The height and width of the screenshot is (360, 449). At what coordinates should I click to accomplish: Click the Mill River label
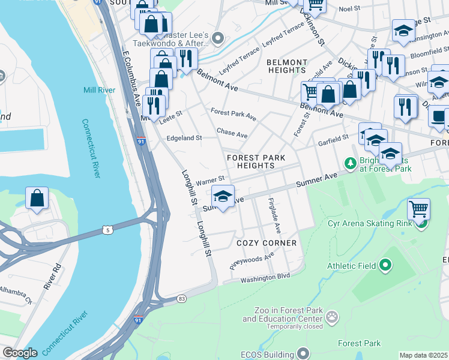pos(98,91)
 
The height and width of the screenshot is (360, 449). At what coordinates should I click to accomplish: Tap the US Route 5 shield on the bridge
pos(107,230)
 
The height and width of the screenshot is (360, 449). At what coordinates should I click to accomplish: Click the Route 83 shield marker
pos(181,298)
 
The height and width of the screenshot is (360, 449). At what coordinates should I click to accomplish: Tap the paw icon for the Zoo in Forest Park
pos(332,315)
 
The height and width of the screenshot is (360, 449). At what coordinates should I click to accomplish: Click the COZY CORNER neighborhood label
pos(267,243)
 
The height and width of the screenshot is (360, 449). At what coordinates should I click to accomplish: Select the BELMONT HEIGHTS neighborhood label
pos(287,66)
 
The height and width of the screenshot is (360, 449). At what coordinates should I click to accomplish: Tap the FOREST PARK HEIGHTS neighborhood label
pos(256,161)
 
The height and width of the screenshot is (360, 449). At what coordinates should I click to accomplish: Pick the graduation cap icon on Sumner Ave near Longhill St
pos(223,196)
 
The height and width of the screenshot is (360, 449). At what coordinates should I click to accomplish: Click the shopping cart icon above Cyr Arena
pos(418,209)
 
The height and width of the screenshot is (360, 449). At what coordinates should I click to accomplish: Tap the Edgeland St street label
pos(184,138)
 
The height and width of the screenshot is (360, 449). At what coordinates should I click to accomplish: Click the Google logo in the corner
pos(20,353)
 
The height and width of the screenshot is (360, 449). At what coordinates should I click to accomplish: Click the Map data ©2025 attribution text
pos(423,355)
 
